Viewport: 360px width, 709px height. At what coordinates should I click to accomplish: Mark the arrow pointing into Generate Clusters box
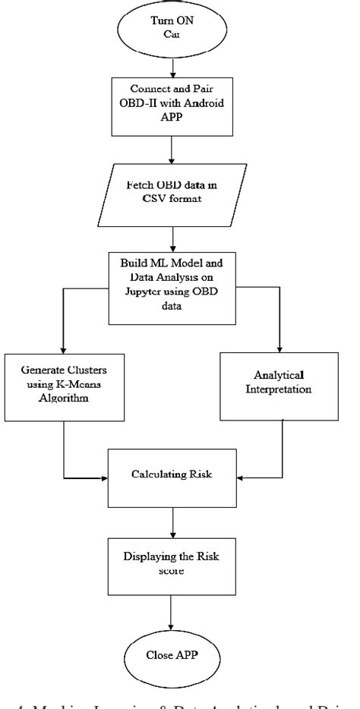tap(65, 334)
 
